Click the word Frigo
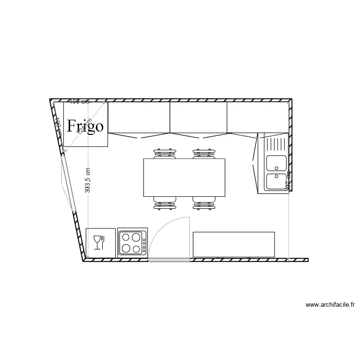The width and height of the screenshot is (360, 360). point(85,126)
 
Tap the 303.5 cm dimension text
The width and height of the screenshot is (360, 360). point(87,180)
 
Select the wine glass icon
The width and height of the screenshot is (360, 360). point(96,242)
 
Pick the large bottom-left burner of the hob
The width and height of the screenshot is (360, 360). point(126,248)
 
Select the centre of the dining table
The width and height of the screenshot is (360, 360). point(184,178)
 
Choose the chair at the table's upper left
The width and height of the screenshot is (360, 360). point(165,154)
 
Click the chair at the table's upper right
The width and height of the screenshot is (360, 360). point(204,154)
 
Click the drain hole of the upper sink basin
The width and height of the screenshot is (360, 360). point(276,168)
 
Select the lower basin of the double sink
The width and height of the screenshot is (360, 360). point(276,181)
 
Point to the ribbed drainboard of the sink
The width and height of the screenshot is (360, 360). point(276,144)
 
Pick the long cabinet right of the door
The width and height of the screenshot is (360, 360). point(234,244)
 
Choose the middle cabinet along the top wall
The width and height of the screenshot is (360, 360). point(198,117)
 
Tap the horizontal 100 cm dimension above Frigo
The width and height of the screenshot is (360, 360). point(79,101)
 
